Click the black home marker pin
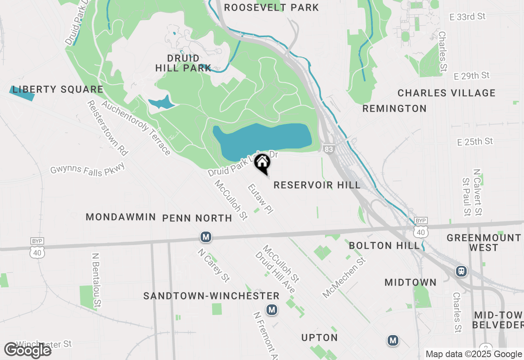point(262,163)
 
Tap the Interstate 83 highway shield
point(328,149)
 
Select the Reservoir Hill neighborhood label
point(317,185)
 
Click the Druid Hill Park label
point(183,63)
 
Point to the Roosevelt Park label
point(271,7)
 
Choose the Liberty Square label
point(58,90)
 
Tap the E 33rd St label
point(467,17)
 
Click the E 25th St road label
point(475,142)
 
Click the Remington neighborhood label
point(394,109)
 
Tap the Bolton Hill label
point(384,245)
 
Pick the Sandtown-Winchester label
point(211,296)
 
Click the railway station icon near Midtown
point(461,271)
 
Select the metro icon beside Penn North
point(206,237)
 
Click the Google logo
point(28,350)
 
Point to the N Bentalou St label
point(97,280)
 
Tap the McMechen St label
point(343,278)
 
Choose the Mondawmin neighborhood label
point(121,217)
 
